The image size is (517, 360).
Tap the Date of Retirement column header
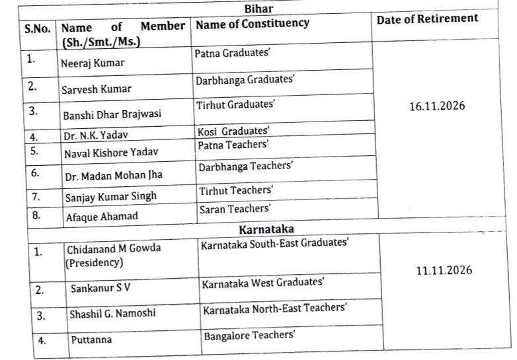coord(427,19)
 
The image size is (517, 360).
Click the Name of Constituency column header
coord(253,24)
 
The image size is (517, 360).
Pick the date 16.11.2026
coord(437,106)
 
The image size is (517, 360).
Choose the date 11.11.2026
coord(444,270)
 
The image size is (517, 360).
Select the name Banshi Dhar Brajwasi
coord(110,115)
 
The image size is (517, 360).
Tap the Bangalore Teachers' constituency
coord(249,336)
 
